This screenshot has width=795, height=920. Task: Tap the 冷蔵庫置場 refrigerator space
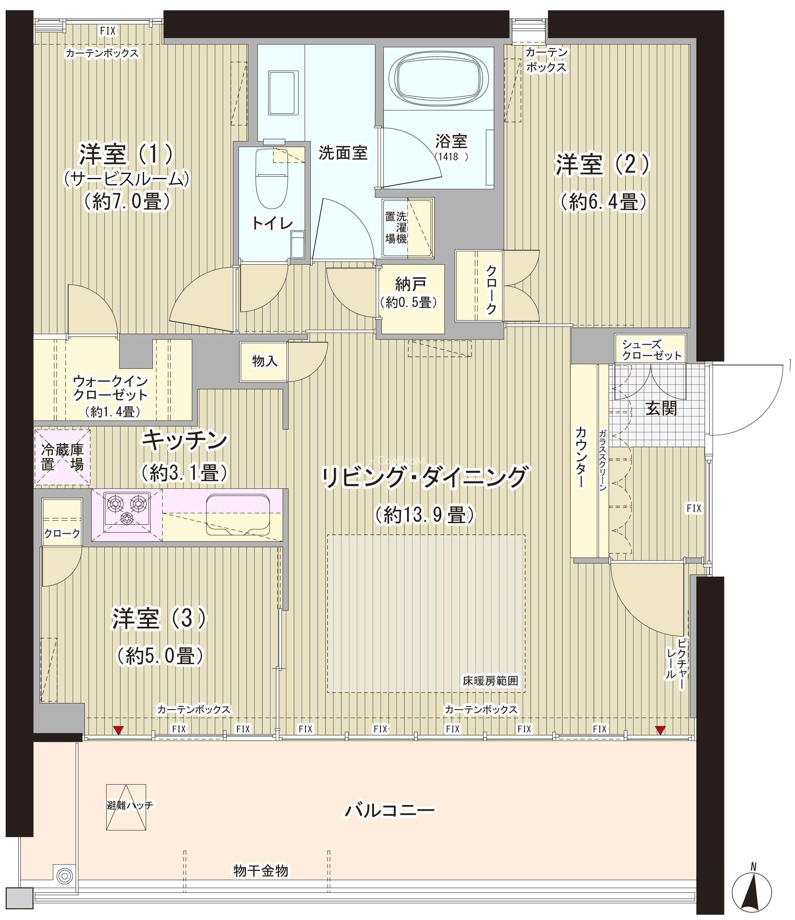tap(62, 457)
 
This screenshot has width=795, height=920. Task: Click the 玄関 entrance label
tap(661, 409)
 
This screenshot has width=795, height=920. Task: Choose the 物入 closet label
tap(265, 361)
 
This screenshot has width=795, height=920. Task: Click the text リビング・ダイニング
tap(424, 477)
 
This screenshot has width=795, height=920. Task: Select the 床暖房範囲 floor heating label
tap(490, 681)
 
